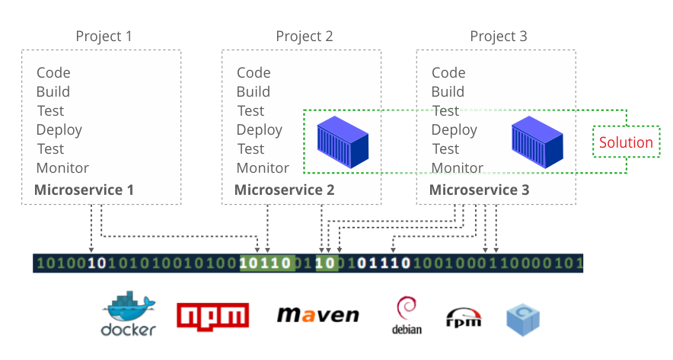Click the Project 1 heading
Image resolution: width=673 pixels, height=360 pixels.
point(104,37)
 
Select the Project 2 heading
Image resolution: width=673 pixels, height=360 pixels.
point(305,37)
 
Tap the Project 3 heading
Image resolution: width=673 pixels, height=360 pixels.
point(499,37)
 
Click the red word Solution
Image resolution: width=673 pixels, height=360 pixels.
point(626,142)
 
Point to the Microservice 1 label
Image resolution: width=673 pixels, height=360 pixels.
point(84,190)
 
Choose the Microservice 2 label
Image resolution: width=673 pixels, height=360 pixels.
point(284,190)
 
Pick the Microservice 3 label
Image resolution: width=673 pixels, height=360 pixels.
point(479,190)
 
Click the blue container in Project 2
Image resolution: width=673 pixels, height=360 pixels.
point(343,142)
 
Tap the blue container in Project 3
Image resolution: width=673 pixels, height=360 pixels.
point(537,142)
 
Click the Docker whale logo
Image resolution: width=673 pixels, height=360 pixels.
point(128,313)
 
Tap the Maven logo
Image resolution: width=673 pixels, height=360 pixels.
point(317,314)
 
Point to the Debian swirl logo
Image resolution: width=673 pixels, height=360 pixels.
point(407,314)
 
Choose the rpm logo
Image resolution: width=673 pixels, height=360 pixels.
point(463,317)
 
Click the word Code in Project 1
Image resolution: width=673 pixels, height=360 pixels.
point(53,73)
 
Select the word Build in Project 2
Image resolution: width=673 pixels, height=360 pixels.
point(254,92)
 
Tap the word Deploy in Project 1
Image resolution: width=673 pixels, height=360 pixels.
point(59,130)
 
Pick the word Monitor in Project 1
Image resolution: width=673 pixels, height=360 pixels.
point(62,168)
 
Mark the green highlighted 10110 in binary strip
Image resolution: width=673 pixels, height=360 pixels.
point(266,264)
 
